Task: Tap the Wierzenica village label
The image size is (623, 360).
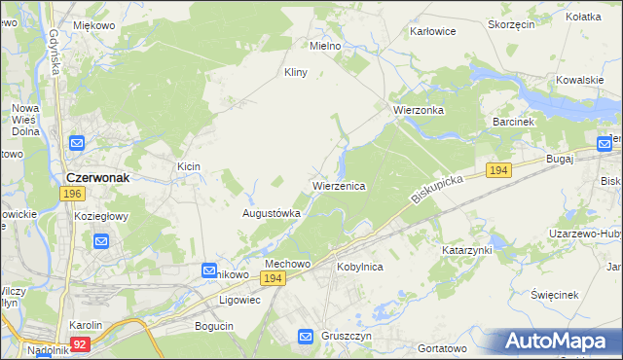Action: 338,185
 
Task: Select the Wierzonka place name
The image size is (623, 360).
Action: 418,110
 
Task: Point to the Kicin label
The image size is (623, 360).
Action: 188,166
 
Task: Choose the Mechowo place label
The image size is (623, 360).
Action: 287,264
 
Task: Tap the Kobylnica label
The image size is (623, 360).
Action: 359,266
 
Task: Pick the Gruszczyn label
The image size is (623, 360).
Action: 348,336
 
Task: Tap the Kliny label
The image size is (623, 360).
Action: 295,72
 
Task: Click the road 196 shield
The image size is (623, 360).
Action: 71,194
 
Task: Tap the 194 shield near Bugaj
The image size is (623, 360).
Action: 498,170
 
